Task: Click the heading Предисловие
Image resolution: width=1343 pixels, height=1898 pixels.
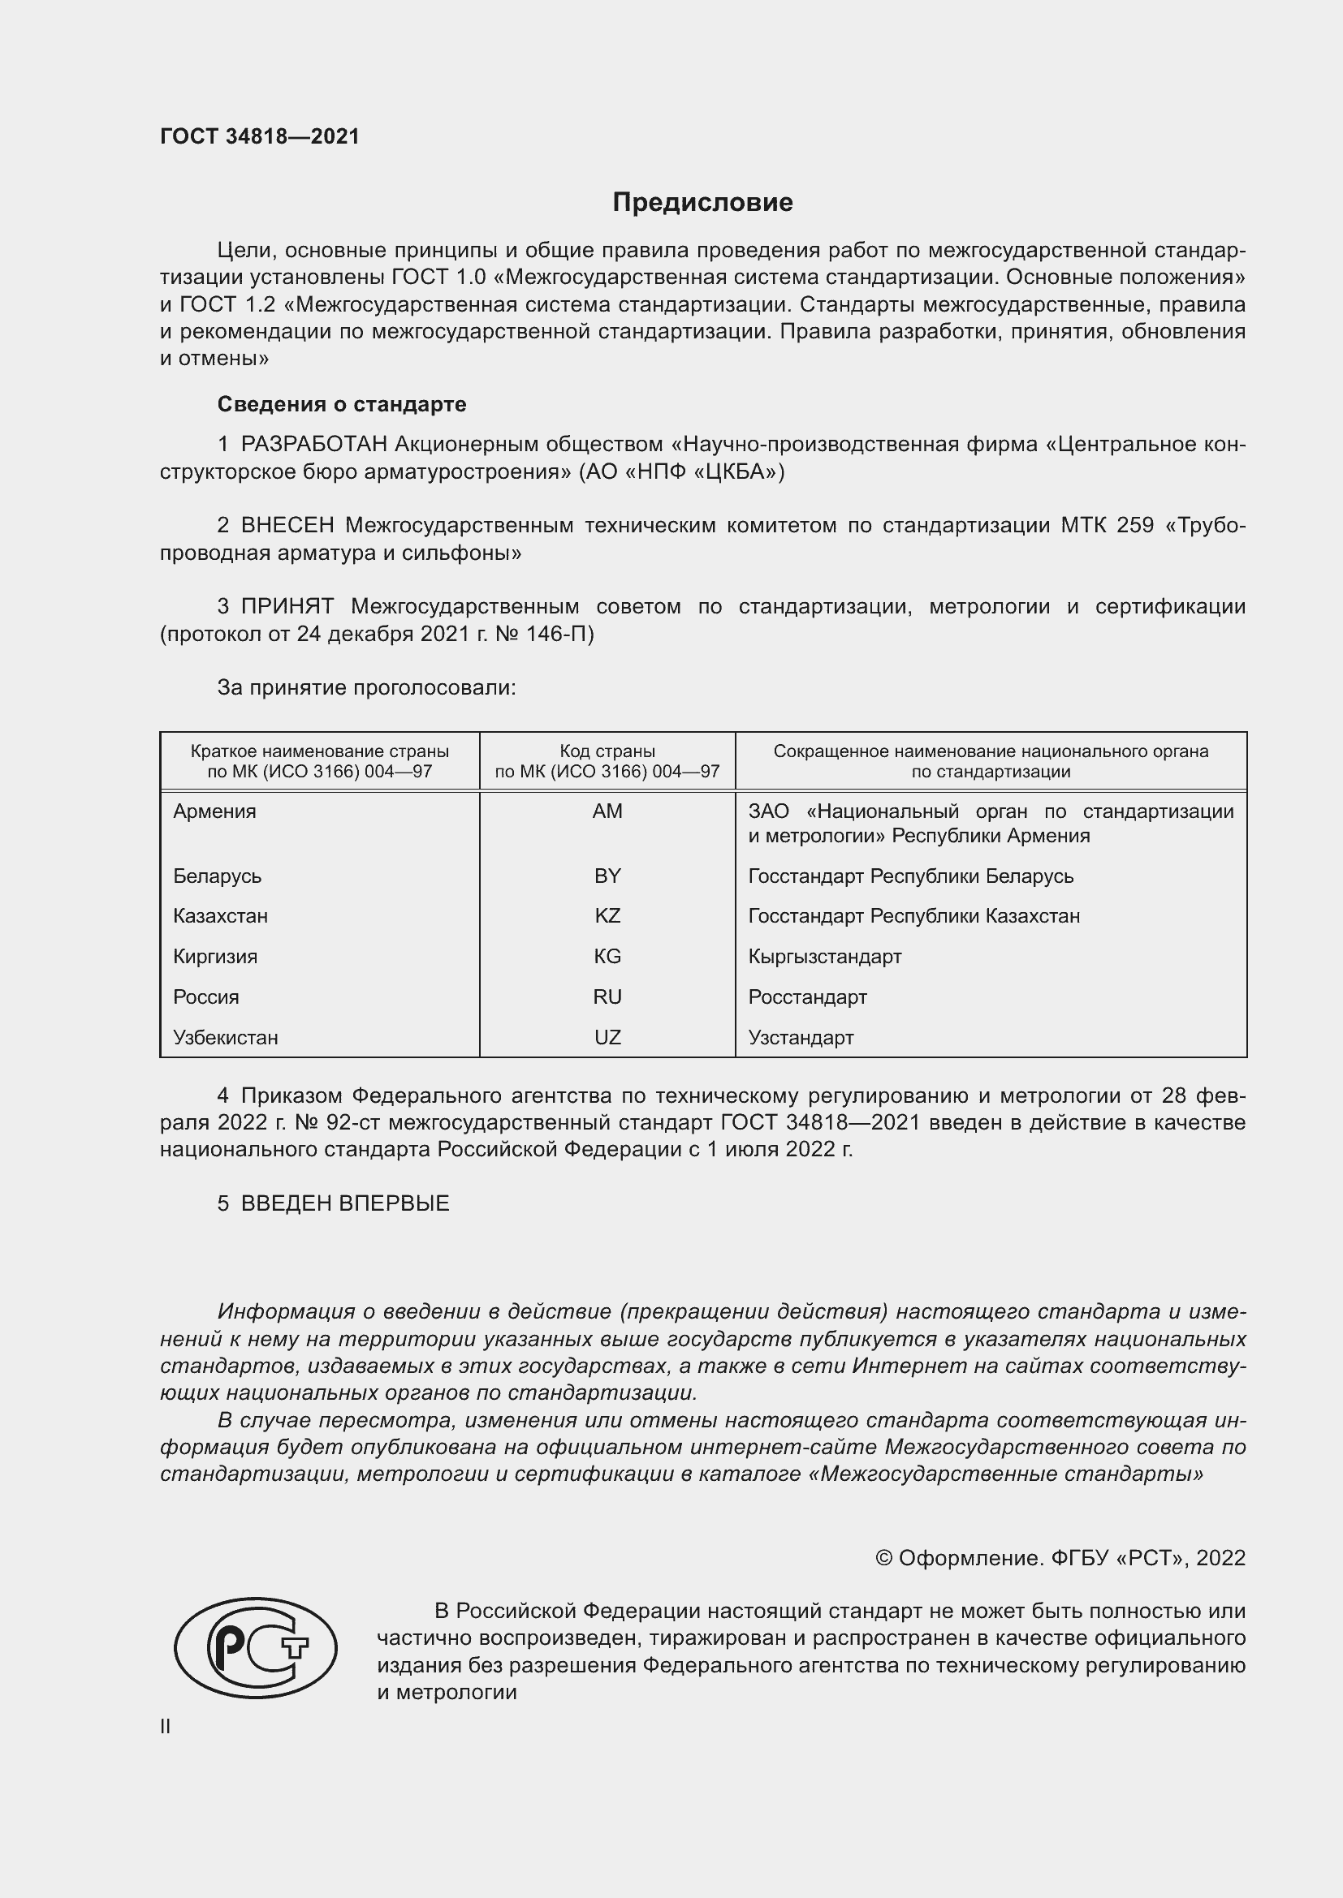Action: (702, 203)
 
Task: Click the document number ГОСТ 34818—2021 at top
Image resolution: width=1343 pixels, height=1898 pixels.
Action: (260, 136)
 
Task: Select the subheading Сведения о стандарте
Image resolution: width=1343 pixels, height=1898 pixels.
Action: (342, 404)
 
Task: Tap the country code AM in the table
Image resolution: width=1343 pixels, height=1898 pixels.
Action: (607, 811)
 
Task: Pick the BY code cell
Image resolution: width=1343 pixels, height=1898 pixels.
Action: (607, 876)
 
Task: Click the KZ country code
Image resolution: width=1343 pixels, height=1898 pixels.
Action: (607, 916)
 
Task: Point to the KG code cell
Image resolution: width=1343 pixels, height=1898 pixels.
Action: (607, 957)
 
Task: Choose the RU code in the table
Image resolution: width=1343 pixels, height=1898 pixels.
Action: (607, 997)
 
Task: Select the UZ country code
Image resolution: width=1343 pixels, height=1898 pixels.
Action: (607, 1038)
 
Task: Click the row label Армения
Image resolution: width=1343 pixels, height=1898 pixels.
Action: (215, 811)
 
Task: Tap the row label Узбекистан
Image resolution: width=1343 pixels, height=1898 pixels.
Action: (226, 1038)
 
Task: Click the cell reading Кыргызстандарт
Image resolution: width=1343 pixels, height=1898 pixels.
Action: (824, 957)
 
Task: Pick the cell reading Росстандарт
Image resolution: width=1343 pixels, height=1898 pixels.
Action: (807, 997)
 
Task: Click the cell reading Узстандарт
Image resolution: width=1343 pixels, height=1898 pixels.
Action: (801, 1038)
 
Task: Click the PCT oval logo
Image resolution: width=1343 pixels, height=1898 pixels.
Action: (256, 1647)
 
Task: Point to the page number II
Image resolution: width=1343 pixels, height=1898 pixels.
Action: (166, 1727)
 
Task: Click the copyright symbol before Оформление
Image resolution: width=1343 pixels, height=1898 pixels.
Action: (883, 1558)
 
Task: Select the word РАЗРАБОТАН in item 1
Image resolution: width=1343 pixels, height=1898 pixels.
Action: (313, 445)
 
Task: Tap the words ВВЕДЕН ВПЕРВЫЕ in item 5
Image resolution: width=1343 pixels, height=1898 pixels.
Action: (345, 1203)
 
